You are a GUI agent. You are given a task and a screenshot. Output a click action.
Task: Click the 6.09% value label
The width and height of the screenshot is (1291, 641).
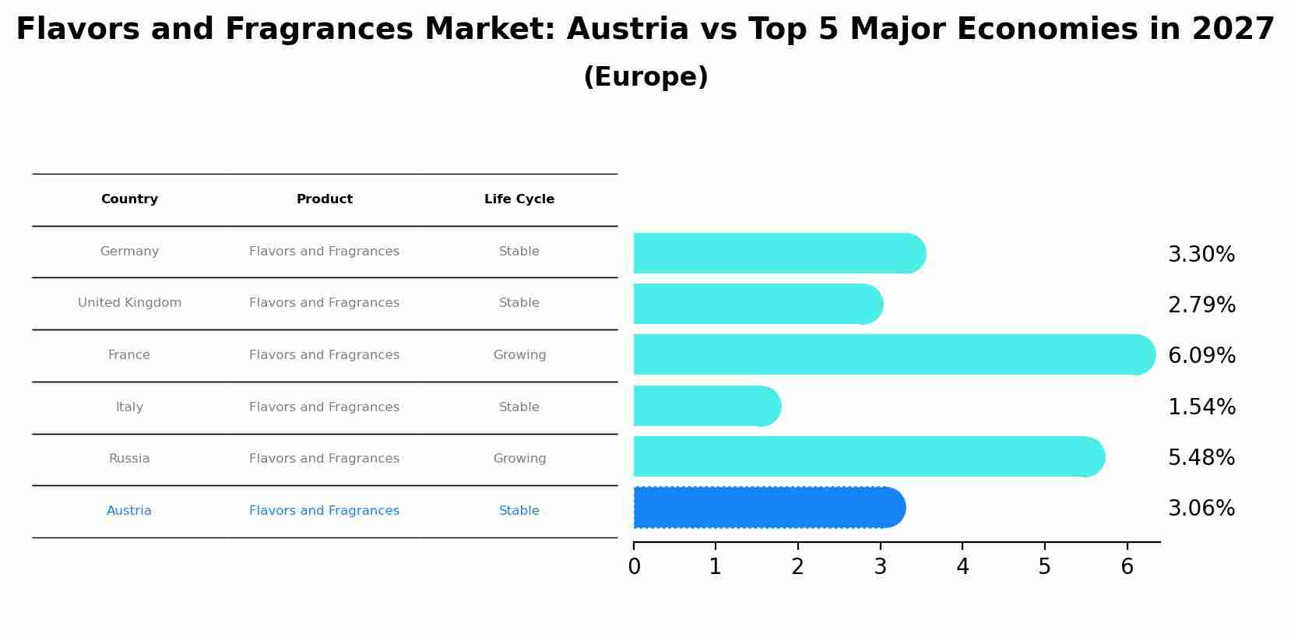coord(1201,356)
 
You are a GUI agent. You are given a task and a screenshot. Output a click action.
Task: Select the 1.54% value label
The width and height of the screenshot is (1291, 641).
coord(1201,407)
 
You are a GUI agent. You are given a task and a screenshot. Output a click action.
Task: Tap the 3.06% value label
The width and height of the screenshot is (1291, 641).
coord(1201,509)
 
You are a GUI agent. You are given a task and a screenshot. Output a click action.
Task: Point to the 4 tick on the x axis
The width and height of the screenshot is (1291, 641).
coord(962,567)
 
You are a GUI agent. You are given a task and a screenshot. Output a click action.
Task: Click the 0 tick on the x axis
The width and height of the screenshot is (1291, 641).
coord(634,567)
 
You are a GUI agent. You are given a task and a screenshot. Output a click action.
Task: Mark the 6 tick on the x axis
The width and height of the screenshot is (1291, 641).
coord(1127,567)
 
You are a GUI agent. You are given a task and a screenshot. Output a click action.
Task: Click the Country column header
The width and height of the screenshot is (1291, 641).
coord(129,199)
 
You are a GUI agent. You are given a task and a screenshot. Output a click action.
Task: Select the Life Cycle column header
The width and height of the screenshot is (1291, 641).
coord(519,199)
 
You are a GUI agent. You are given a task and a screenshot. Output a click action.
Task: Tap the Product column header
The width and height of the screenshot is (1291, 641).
coord(325,199)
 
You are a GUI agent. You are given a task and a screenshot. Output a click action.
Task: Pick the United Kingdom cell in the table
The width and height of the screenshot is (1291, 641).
coord(129,303)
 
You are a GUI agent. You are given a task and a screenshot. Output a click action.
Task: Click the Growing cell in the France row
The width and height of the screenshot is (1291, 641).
coord(519,355)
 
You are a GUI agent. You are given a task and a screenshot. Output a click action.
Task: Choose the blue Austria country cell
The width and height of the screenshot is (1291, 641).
coord(129,511)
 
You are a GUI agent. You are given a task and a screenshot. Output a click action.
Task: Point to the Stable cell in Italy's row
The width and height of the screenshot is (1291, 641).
coord(519,407)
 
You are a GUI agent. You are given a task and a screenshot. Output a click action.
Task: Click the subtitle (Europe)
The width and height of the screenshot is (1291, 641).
coord(645,77)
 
